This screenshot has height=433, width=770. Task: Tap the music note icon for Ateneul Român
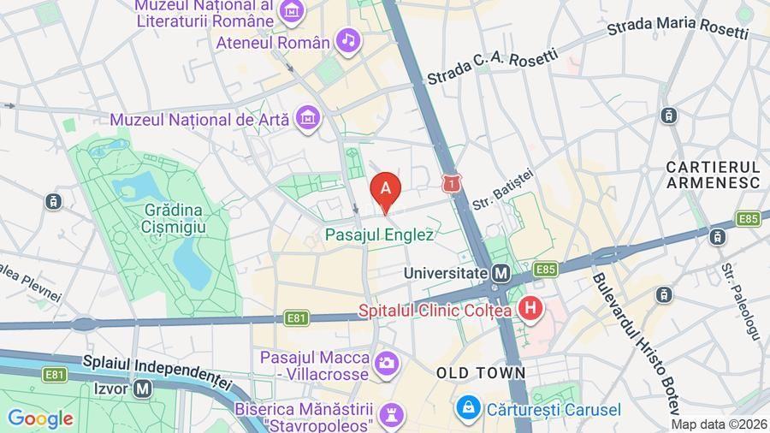347,39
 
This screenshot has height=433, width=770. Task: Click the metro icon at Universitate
501,273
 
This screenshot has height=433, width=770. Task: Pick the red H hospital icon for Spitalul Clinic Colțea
531,308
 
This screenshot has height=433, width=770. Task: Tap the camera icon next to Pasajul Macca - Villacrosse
386,364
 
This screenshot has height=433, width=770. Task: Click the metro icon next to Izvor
143,388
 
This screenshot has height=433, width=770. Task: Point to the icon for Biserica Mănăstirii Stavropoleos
391,414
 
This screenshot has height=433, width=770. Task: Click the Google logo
39,418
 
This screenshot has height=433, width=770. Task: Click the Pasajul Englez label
380,234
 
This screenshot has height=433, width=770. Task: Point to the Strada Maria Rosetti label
678,27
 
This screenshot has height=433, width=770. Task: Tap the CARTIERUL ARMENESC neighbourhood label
713,174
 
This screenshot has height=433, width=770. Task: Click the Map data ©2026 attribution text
718,424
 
